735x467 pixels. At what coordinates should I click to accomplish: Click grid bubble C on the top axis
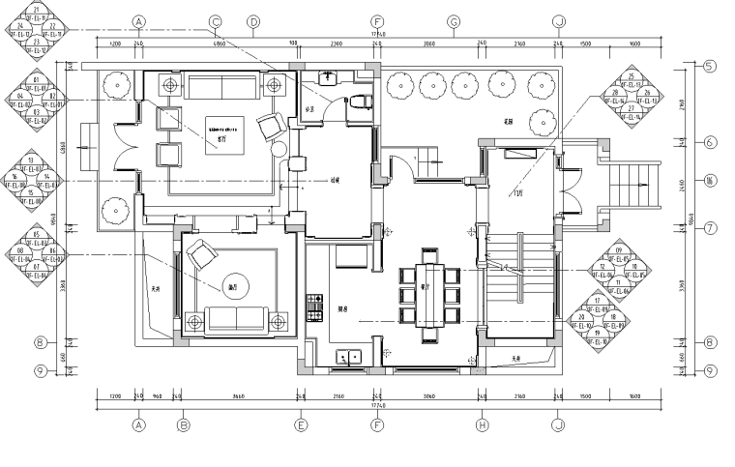coord(216,21)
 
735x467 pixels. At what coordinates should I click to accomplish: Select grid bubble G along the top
coord(452,21)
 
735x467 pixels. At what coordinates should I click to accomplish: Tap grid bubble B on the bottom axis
coord(182,423)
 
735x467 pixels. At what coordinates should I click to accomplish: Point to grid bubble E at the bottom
coord(302,423)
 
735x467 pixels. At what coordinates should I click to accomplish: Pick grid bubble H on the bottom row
coord(482,423)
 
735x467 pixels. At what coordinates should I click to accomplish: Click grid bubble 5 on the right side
coord(709,67)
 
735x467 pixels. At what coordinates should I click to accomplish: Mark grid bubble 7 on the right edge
coord(709,228)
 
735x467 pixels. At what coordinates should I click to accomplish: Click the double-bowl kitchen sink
coord(349,358)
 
